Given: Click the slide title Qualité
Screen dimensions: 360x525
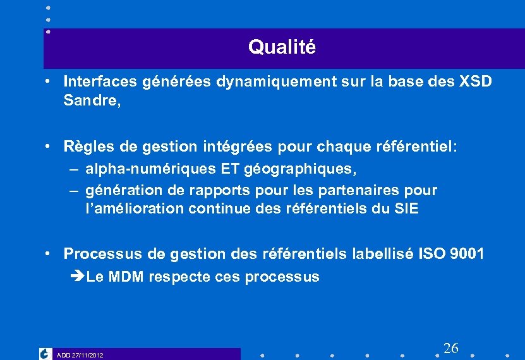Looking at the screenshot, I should click(x=281, y=47).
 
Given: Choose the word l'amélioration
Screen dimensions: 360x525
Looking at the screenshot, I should click(x=133, y=208).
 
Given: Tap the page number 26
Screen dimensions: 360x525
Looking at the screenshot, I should click(x=451, y=348).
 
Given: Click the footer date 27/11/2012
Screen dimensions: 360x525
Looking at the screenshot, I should click(x=87, y=356).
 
